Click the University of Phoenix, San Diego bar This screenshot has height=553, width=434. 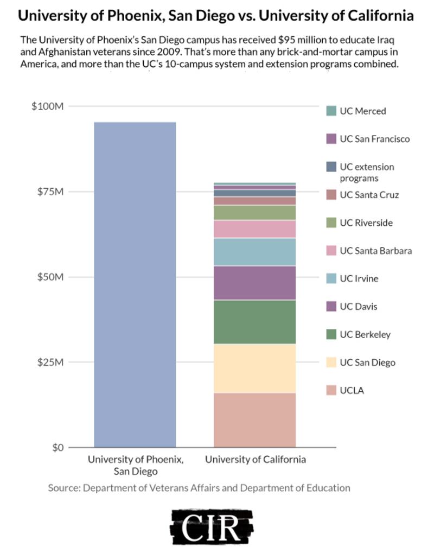click(135, 284)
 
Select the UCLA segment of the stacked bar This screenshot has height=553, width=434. click(254, 419)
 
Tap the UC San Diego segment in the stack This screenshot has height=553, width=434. click(254, 368)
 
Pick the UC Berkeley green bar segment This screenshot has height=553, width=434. click(254, 322)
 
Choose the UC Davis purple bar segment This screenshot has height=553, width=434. click(254, 283)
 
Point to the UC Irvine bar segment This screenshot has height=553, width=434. click(254, 252)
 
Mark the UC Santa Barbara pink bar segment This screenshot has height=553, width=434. click(254, 229)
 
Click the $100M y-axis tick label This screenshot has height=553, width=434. click(48, 106)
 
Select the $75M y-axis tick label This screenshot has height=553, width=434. click(50, 192)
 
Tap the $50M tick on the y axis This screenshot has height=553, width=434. click(50, 277)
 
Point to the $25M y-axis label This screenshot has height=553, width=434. click(50, 362)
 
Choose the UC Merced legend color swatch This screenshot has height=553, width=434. click(331, 111)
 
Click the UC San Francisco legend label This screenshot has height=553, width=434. click(375, 139)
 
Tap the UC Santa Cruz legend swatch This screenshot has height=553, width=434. click(331, 194)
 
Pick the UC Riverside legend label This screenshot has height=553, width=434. click(366, 223)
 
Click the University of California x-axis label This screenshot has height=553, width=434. click(256, 460)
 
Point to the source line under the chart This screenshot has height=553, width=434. click(199, 487)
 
